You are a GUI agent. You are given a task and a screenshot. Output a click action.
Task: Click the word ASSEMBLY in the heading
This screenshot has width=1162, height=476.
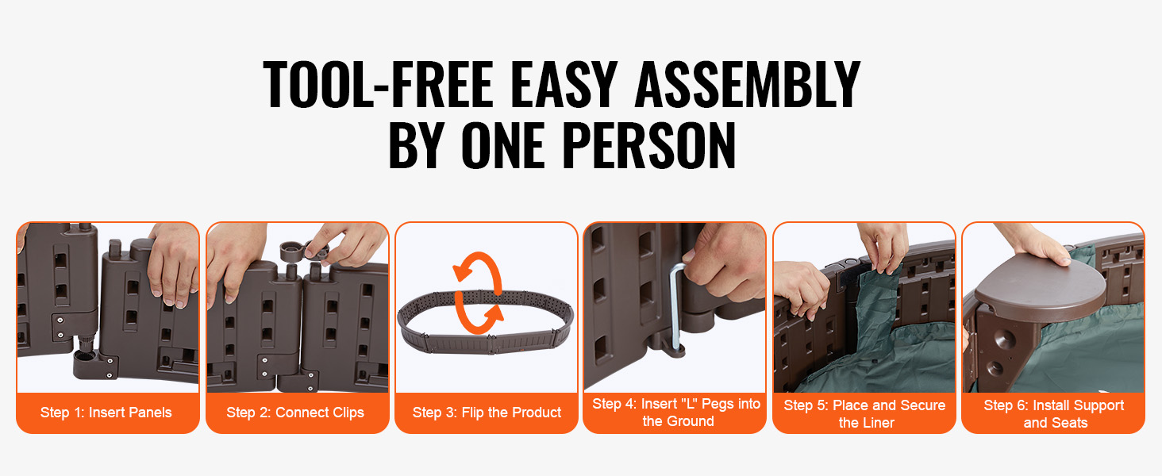(x=748, y=84)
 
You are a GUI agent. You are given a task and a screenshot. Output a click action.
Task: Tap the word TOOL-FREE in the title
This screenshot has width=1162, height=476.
(x=378, y=84)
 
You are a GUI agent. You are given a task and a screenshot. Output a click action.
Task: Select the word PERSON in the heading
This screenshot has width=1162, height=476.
(x=648, y=145)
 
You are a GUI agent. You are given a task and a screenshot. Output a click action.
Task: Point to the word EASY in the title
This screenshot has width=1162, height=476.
(x=564, y=84)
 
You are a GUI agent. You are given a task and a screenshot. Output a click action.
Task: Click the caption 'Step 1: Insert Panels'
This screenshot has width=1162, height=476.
(x=106, y=413)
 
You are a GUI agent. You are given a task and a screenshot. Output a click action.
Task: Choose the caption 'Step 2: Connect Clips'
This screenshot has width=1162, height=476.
(x=295, y=413)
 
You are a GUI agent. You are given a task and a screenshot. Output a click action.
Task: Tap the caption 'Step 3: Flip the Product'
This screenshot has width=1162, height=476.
(x=487, y=413)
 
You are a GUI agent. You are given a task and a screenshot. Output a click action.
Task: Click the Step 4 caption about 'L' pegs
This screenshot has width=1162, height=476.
(x=676, y=413)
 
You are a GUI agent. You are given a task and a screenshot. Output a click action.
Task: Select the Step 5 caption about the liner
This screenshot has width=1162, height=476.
(x=865, y=414)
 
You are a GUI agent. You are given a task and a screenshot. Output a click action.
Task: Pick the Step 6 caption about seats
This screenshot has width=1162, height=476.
(x=1054, y=414)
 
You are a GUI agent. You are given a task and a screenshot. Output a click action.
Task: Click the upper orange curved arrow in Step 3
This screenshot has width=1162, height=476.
(x=477, y=269)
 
